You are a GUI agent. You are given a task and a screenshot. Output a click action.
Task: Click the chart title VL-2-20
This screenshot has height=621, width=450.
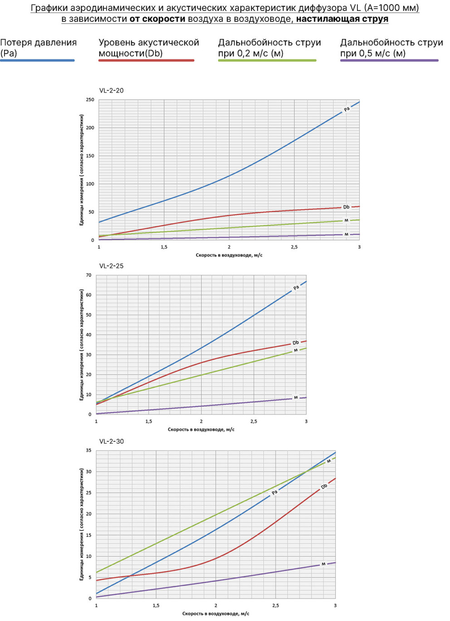click(x=112, y=91)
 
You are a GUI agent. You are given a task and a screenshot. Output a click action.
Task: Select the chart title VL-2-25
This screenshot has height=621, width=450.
click(x=112, y=266)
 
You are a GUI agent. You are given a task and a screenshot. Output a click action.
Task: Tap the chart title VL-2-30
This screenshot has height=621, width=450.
click(x=112, y=441)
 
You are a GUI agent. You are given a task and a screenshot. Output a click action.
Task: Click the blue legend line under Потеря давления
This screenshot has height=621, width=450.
click(x=38, y=60)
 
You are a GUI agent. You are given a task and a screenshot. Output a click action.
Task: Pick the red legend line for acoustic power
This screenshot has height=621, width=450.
click(x=147, y=60)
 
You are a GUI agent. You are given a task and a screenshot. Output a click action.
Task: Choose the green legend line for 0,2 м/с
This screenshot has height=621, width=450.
click(x=267, y=60)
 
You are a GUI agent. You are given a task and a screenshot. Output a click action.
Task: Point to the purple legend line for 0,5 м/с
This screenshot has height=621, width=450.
click(x=389, y=60)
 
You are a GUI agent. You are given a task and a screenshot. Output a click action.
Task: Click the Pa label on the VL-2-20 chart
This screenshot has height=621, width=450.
click(x=347, y=109)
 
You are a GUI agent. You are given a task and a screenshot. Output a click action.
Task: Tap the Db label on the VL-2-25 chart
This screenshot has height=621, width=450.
click(x=296, y=343)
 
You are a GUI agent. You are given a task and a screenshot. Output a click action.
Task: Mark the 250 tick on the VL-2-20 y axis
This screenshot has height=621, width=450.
click(x=90, y=100)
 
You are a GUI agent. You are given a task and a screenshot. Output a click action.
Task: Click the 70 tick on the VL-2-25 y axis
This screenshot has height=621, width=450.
click(x=88, y=275)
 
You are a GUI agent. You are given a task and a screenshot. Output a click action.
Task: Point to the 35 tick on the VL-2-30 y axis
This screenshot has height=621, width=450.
click(x=88, y=450)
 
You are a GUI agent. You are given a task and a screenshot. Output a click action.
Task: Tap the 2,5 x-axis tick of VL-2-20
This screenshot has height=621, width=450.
click(x=294, y=247)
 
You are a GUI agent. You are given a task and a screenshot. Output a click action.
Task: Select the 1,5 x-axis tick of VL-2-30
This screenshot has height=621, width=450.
click(x=156, y=606)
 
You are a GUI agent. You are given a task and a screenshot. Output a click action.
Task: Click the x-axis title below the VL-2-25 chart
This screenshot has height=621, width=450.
click(x=201, y=430)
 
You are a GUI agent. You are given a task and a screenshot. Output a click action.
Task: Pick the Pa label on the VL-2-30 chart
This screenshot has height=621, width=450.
click(x=274, y=493)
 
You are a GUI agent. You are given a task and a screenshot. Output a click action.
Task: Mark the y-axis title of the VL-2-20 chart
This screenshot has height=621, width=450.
click(x=82, y=170)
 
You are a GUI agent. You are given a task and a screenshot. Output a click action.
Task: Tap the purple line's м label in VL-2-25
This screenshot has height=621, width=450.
click(x=296, y=397)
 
